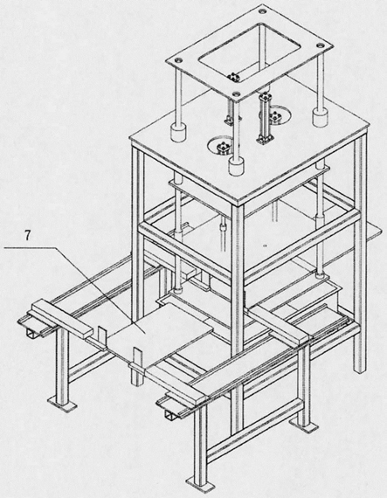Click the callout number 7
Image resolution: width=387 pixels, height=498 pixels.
[x=28, y=236]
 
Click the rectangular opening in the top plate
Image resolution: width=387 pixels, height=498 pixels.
[x=249, y=51]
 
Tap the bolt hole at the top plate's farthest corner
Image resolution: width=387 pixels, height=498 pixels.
[x=262, y=11]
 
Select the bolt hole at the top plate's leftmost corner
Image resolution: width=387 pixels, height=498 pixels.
[x=178, y=59]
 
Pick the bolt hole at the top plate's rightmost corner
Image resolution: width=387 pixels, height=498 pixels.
[x=320, y=46]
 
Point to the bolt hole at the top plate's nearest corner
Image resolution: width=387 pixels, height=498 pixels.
[x=236, y=93]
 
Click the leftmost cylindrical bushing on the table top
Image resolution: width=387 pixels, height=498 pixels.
[x=178, y=133]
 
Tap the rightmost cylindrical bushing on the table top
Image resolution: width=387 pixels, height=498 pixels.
[x=320, y=117]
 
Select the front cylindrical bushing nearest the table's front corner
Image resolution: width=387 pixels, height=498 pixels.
[x=236, y=167]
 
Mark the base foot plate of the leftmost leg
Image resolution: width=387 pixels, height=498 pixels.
[x=62, y=405]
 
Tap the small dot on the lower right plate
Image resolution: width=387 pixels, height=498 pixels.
[x=266, y=246]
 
